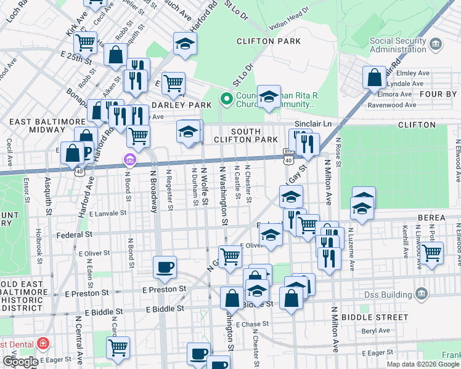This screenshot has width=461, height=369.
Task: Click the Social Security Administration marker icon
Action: click(x=436, y=44)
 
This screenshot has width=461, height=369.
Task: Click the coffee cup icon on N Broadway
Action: click(x=165, y=266)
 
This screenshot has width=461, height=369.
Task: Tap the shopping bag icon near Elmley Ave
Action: click(x=373, y=77)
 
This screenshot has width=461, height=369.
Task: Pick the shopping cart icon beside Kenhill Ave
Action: click(x=432, y=252)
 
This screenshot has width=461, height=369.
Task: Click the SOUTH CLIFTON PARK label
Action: click(x=255, y=135)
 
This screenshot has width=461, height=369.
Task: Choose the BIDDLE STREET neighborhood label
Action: click(x=402, y=318)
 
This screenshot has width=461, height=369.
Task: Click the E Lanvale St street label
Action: click(x=107, y=213)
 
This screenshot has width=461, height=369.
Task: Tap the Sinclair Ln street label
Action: click(x=312, y=124)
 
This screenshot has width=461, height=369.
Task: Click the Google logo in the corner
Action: click(x=20, y=362)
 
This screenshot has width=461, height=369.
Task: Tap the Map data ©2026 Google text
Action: click(x=423, y=364)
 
